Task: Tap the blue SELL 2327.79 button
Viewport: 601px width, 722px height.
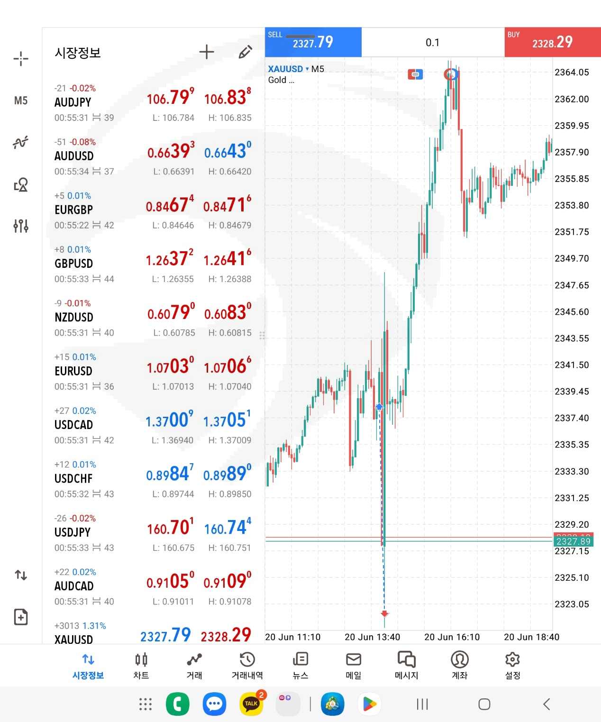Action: [313, 43]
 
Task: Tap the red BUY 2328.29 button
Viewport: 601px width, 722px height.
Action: [552, 43]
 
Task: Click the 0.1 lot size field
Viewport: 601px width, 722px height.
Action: [432, 43]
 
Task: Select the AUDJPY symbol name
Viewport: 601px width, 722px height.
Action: [73, 102]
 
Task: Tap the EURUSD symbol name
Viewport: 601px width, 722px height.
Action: [73, 371]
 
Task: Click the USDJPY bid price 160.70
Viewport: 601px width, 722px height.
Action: [170, 528]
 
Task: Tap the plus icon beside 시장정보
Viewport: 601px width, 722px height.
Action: [207, 52]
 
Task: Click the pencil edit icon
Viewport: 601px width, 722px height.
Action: [245, 52]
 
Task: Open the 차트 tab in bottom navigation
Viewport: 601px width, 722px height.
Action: [141, 665]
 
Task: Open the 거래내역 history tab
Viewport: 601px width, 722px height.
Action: [247, 665]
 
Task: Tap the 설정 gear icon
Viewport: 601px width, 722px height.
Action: [512, 665]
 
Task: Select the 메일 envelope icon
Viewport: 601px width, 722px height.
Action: [354, 665]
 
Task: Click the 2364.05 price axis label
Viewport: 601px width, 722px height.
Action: [572, 73]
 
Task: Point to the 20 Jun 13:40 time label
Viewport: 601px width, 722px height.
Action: [372, 637]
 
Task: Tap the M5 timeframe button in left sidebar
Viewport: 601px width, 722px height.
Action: [21, 101]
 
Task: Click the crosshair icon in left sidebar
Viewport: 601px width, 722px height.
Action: [21, 59]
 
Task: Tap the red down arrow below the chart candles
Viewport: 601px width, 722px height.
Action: [384, 614]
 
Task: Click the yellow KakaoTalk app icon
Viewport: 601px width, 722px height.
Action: [251, 704]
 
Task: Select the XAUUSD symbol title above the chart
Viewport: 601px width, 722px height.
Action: [285, 69]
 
